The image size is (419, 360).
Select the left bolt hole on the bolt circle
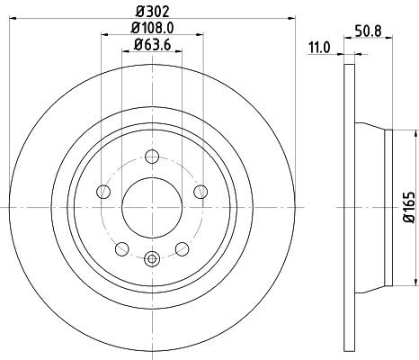coord(103,193)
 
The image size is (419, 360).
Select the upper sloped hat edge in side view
coord(369,126)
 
